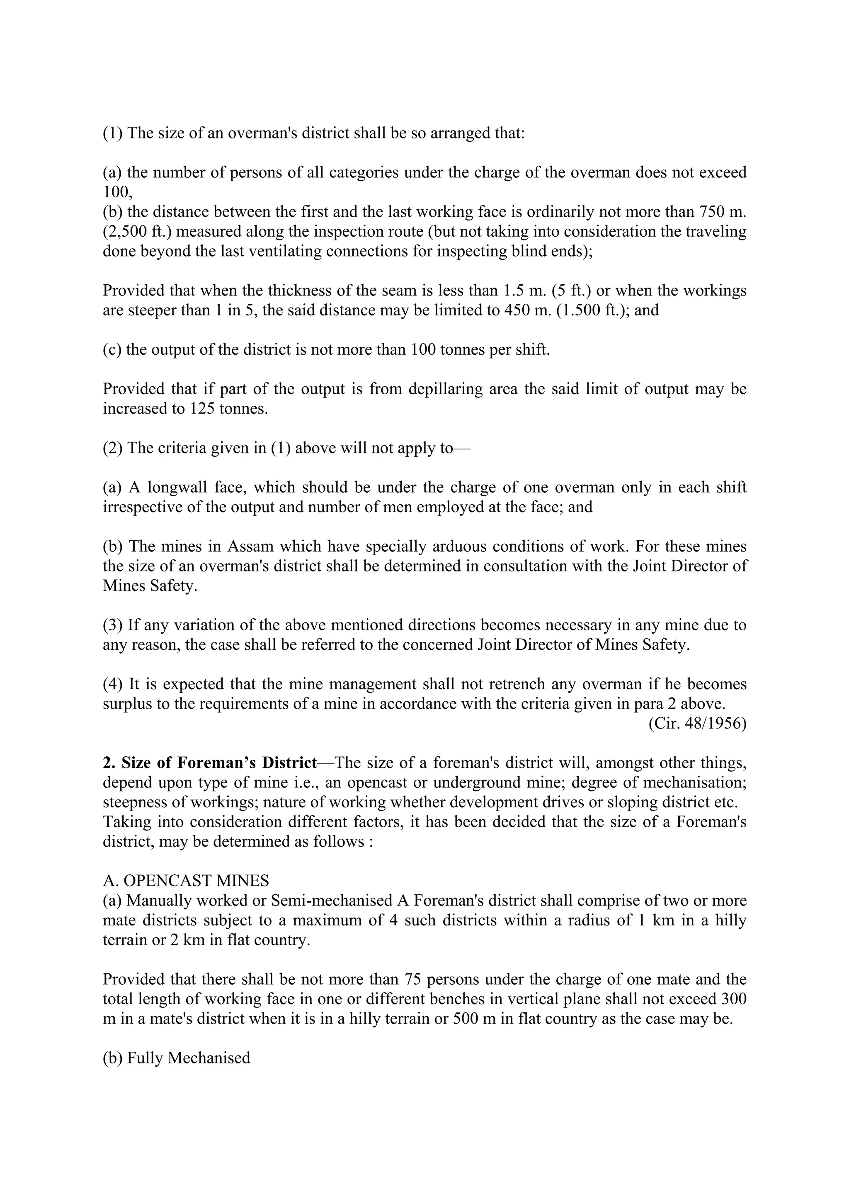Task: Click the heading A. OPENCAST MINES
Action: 186,881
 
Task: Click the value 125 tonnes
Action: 226,409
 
